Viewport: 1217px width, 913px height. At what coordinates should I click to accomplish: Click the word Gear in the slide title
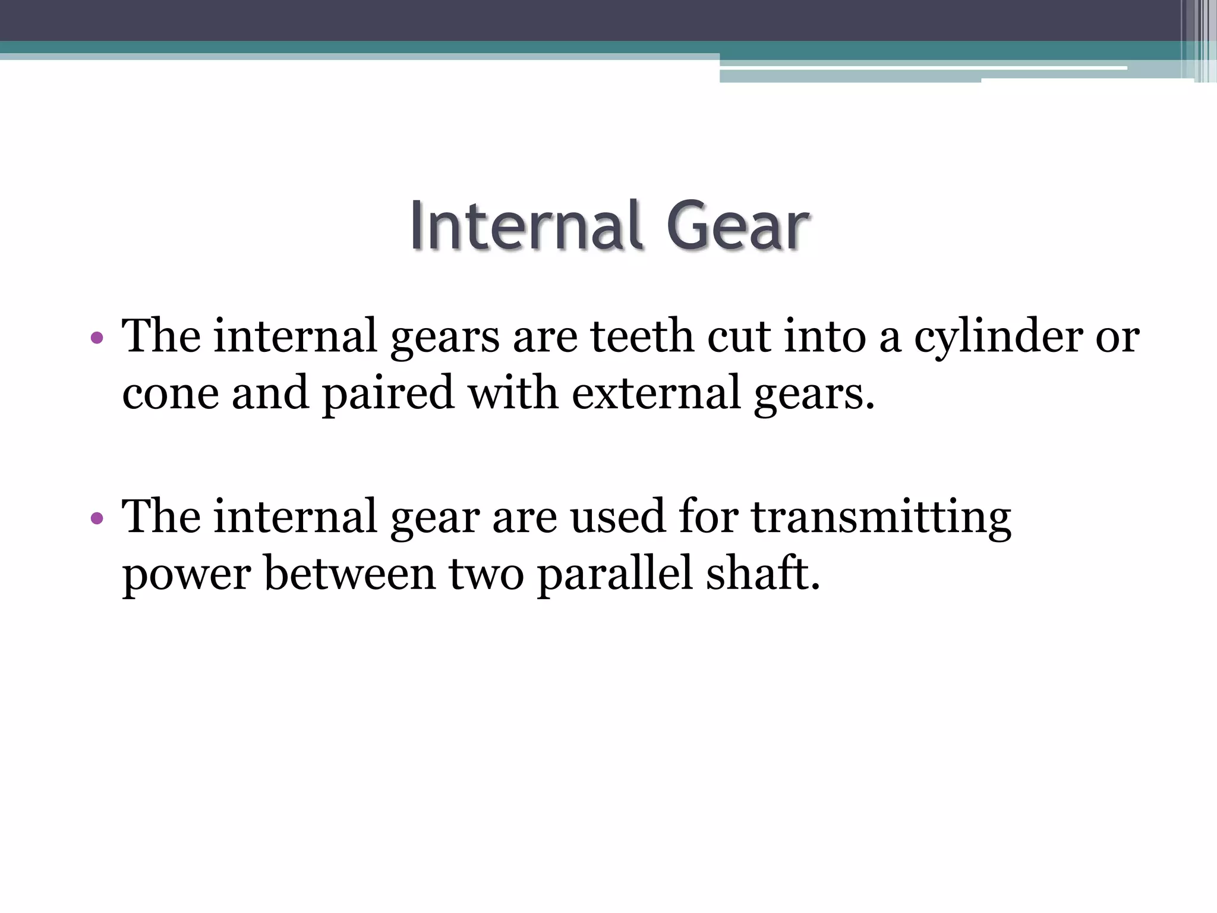tap(737, 226)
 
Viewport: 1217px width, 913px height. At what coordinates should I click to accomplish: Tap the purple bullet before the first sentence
tap(97, 339)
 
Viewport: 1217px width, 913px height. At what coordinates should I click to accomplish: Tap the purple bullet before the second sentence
tap(97, 519)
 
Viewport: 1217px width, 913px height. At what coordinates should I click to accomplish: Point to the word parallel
tap(615, 574)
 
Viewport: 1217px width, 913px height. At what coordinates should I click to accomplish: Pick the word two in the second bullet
tap(486, 574)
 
